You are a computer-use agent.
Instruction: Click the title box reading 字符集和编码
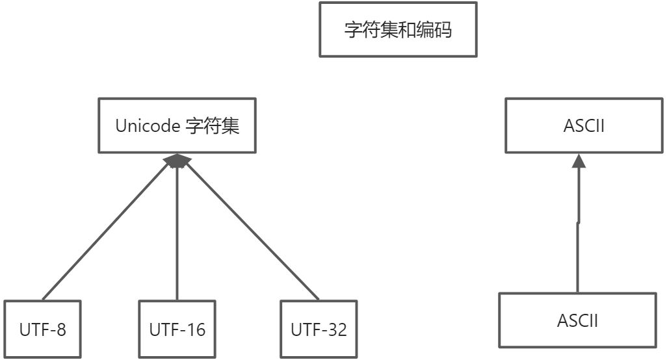[x=398, y=30]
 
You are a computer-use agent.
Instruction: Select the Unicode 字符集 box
[x=177, y=125]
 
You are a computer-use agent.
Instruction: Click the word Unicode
[x=148, y=125]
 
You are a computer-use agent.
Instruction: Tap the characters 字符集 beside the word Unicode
[x=213, y=125]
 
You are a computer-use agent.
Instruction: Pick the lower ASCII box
[x=577, y=320]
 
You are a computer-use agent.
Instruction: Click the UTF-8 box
[x=42, y=329]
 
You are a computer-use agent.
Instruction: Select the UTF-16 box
[x=177, y=329]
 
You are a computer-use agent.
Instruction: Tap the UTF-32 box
[x=319, y=329]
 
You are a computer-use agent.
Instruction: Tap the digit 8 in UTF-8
[x=61, y=329]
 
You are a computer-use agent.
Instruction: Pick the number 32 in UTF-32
[x=337, y=329]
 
